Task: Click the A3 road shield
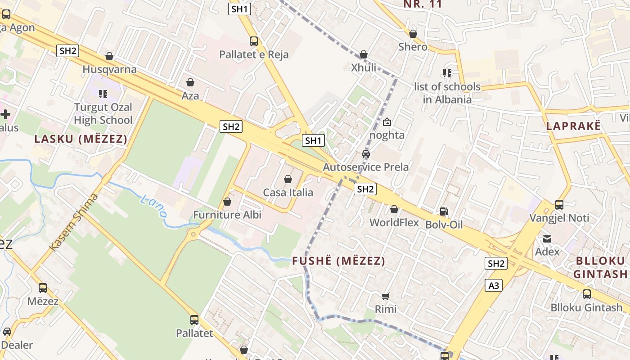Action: tap(494, 285)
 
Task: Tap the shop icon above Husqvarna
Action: tap(109, 57)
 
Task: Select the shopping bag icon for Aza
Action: tap(190, 82)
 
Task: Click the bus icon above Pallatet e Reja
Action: tap(254, 41)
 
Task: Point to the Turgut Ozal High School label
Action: tap(103, 114)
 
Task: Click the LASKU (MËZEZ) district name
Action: tap(81, 139)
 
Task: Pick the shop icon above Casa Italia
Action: tap(288, 179)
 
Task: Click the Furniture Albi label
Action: tap(227, 215)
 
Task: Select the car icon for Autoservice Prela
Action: tap(366, 154)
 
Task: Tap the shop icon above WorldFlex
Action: tap(394, 209)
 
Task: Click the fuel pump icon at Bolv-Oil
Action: tap(444, 211)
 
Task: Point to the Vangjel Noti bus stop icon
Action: tap(559, 205)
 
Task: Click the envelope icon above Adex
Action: tap(547, 238)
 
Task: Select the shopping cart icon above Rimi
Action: tap(385, 296)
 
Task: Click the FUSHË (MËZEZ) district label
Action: tap(338, 261)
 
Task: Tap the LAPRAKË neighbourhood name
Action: tap(573, 126)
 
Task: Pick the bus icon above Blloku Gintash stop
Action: tap(587, 294)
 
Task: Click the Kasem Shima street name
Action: tap(73, 222)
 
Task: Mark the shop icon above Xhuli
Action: tap(364, 55)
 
